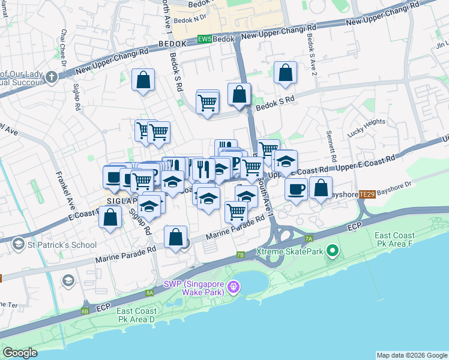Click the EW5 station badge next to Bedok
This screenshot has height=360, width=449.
pos(204,40)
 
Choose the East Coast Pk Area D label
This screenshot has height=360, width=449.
pos(136,315)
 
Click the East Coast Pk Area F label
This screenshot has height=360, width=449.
pos(394,241)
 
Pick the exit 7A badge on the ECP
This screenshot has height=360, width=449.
pos(309,239)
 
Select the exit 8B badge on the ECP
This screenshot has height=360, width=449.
pos(85,311)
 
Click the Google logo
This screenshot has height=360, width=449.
pos(20,353)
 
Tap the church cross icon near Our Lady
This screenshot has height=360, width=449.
pos(51,77)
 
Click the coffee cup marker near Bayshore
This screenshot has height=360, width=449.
pos(296,190)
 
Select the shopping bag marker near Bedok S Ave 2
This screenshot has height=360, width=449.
pos(286,73)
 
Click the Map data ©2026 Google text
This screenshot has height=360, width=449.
pos(411,355)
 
